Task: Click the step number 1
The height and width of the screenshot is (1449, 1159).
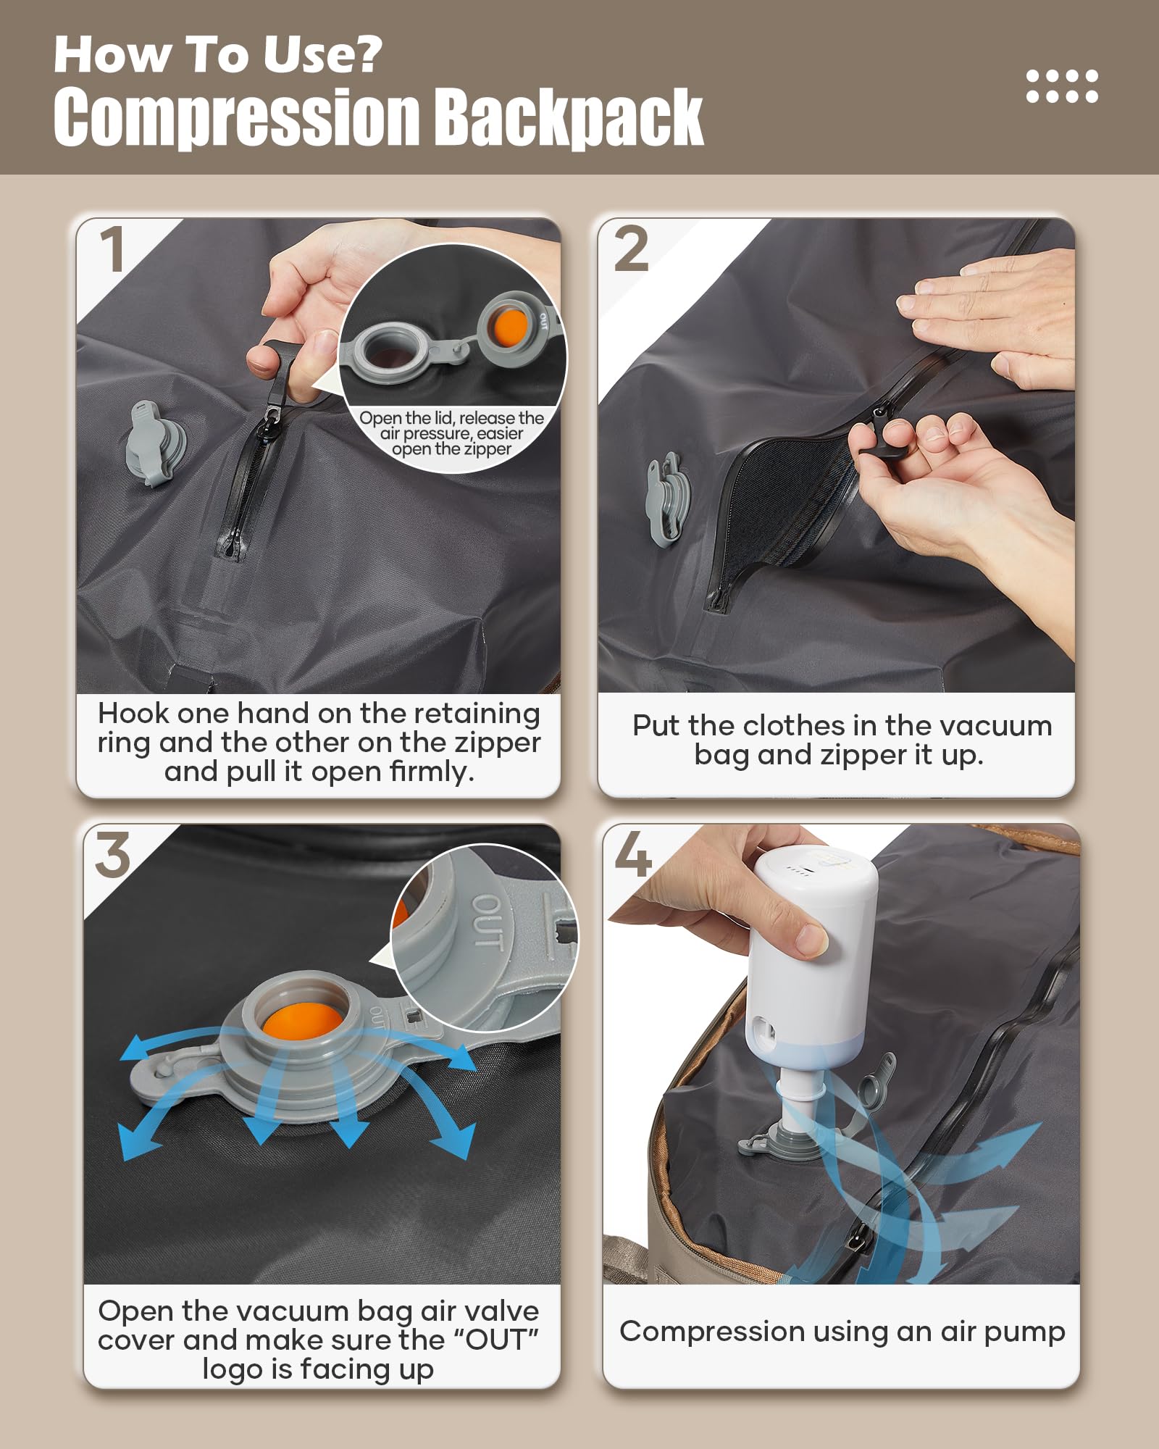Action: (x=113, y=250)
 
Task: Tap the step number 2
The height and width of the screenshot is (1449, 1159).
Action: (x=631, y=249)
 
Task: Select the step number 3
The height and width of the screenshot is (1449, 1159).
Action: (x=113, y=856)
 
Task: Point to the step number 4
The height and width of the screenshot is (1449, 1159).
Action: (x=633, y=854)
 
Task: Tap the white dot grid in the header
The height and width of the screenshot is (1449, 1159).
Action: (x=1062, y=86)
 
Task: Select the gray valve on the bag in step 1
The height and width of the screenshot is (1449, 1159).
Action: (x=154, y=444)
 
